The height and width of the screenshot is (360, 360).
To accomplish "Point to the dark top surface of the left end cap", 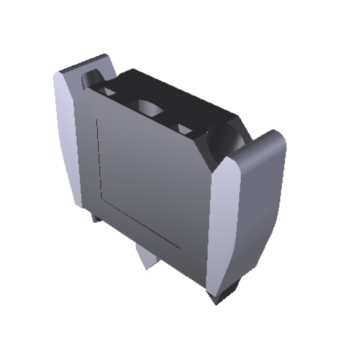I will (x=85, y=65).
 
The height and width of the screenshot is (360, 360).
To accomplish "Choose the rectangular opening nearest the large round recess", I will (x=185, y=127).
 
